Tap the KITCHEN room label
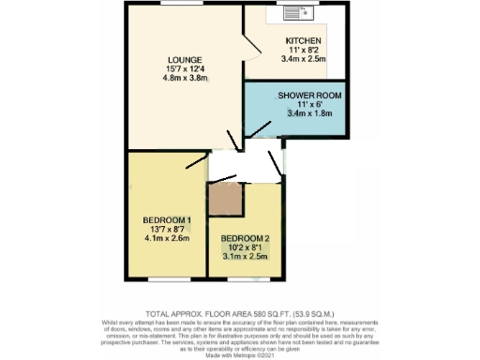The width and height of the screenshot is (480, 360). [304, 41]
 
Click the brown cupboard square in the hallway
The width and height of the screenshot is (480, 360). [225, 199]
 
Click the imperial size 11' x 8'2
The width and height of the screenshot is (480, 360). [304, 51]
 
